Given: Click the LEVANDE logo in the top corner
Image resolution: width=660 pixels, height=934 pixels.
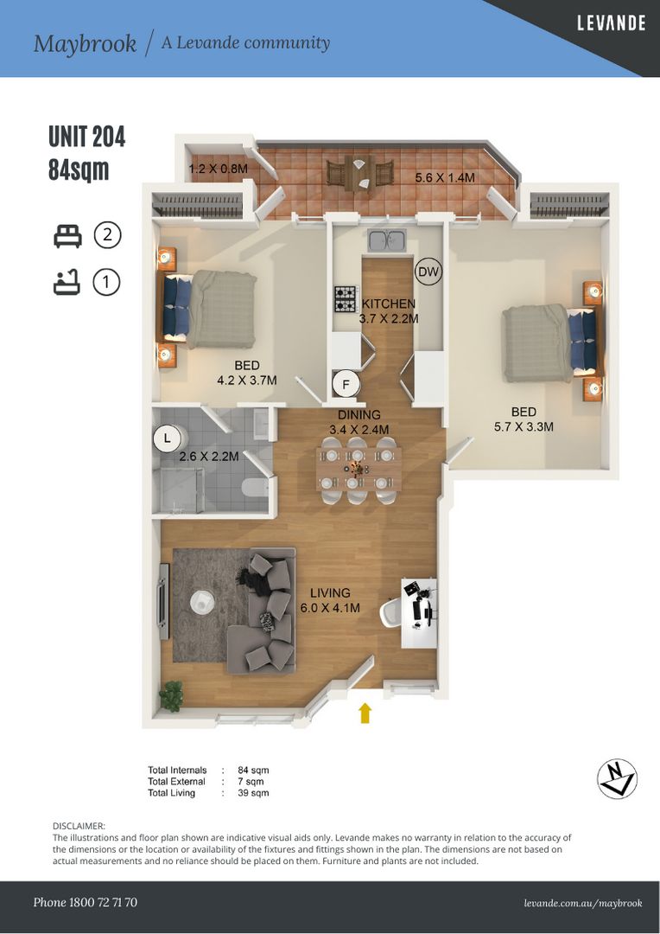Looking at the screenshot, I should pyautogui.click(x=611, y=23).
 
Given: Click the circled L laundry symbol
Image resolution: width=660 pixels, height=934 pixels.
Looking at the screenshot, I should pyautogui.click(x=166, y=438).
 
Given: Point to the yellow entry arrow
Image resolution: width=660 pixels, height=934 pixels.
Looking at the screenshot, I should pyautogui.click(x=365, y=712).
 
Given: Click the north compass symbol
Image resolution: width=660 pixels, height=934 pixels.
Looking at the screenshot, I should pyautogui.click(x=617, y=778).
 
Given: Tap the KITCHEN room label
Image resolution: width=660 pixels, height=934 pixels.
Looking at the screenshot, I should pyautogui.click(x=388, y=304).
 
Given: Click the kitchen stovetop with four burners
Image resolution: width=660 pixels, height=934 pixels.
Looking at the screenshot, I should pyautogui.click(x=346, y=299).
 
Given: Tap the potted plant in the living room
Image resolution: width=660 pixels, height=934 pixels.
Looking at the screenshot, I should pyautogui.click(x=171, y=696).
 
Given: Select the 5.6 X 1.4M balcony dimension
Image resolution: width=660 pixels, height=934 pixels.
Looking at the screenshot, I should pyautogui.click(x=444, y=177).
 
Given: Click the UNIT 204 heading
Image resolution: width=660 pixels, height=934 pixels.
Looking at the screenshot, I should pyautogui.click(x=87, y=137).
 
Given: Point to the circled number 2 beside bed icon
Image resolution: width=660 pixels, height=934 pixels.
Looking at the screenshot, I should pyautogui.click(x=107, y=235).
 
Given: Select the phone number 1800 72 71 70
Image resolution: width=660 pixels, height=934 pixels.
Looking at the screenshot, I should pyautogui.click(x=85, y=902).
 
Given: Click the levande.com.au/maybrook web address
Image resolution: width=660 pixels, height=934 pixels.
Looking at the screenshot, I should pyautogui.click(x=583, y=903).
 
